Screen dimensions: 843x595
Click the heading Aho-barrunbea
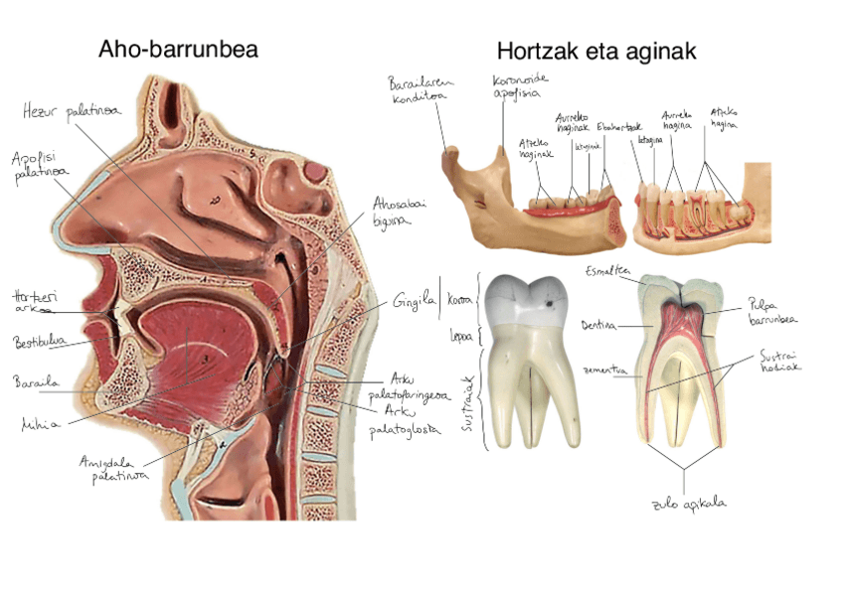pyautogui.click(x=178, y=49)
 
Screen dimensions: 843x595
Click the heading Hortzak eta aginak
pyautogui.click(x=596, y=50)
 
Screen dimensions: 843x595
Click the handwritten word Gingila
pyautogui.click(x=414, y=300)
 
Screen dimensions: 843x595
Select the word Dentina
pyautogui.click(x=599, y=325)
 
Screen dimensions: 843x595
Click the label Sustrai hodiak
pyautogui.click(x=780, y=360)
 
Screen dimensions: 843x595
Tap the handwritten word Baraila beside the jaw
pyautogui.click(x=35, y=381)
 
